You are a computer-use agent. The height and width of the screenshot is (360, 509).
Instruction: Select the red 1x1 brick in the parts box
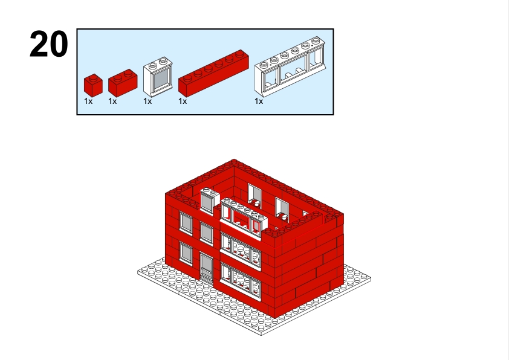click(93, 85)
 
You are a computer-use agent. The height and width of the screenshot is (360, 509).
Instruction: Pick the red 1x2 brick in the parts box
click(123, 83)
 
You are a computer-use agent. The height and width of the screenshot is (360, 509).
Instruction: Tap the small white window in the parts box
click(158, 77)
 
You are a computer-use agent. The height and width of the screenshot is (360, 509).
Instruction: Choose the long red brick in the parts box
click(213, 73)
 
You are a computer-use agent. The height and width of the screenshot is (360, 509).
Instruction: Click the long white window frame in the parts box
click(290, 67)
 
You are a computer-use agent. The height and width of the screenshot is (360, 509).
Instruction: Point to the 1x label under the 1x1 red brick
click(88, 101)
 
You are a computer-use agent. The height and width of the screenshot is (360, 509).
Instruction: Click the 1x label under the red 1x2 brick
click(112, 101)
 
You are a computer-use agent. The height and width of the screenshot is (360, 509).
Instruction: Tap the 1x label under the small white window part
click(148, 101)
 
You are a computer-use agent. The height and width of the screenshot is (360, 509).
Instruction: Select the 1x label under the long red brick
click(183, 101)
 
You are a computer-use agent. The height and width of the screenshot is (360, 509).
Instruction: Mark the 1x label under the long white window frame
click(259, 101)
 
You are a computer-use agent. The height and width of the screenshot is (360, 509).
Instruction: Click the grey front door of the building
click(206, 269)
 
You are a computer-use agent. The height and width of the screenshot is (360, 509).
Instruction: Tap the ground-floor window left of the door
click(186, 253)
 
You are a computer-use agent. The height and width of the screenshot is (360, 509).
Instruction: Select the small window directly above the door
click(207, 233)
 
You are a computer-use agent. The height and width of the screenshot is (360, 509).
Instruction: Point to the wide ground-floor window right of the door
click(241, 281)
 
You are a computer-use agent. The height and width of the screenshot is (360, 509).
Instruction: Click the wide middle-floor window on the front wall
click(241, 251)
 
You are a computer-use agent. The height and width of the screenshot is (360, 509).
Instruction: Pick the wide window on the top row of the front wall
click(244, 219)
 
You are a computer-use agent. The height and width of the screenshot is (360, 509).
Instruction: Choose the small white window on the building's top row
click(210, 201)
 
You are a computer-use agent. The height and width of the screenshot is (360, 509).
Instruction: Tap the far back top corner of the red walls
click(234, 159)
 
